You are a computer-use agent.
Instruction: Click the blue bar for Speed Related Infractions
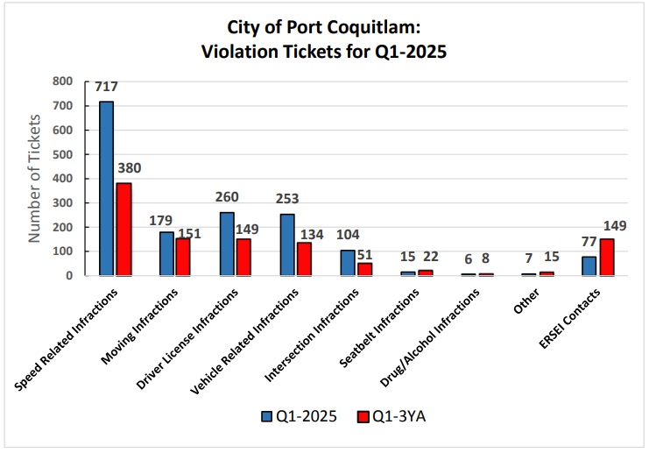coord(106,188)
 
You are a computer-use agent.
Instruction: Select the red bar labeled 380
coord(123,230)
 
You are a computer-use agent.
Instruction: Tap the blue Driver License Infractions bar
coord(227,244)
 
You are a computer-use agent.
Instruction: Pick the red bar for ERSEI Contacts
coord(607,257)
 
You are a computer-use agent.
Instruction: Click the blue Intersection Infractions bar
coord(348,263)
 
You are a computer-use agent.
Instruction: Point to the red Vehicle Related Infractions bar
coord(304,259)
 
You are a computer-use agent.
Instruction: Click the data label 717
coord(106,87)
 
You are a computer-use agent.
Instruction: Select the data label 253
coord(287,199)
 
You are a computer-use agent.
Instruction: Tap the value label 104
coord(348,235)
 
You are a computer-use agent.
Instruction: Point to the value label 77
coord(589,242)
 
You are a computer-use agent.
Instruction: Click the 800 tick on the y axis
coord(62,81)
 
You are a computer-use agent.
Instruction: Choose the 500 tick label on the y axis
coord(62,154)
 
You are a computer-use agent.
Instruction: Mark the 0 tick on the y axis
coord(69,276)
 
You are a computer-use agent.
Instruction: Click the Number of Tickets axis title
coord(34,179)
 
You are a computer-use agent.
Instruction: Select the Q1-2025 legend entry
coord(300,416)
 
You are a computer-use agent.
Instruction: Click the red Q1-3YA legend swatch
coord(363,416)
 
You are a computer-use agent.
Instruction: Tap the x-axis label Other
coord(526,301)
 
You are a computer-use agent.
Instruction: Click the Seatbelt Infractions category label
coord(379,328)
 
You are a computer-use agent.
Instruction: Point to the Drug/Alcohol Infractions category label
coord(430,337)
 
